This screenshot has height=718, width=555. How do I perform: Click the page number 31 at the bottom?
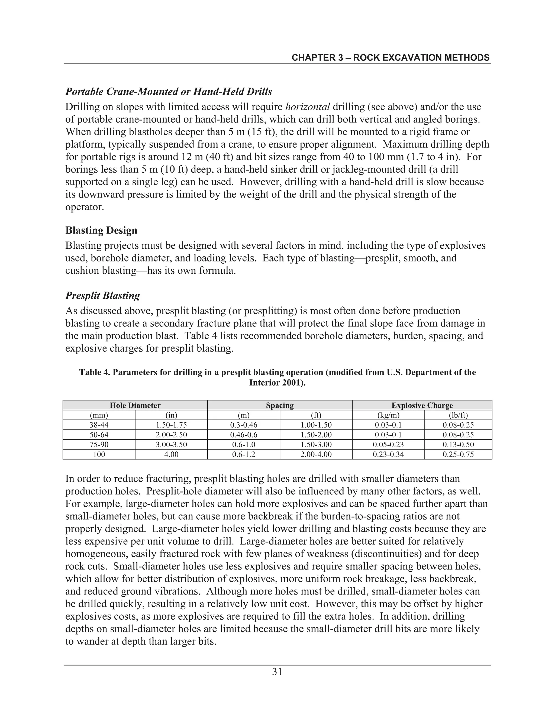277,672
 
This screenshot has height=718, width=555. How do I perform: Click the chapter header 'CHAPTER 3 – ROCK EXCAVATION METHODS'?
391,58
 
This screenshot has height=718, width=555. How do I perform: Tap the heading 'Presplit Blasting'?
103,296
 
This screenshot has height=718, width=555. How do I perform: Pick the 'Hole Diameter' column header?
135,405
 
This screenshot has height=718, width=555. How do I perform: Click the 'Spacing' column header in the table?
280,405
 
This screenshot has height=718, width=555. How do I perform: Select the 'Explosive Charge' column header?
422,405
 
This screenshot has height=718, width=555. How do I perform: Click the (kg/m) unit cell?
388,415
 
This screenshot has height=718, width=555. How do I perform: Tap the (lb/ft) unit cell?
458,415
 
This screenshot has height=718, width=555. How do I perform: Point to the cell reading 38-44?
99,425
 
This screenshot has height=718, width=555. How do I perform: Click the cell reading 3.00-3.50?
171,445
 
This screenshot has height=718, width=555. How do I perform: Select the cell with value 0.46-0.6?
244,435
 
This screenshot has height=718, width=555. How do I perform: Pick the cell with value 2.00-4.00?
316,455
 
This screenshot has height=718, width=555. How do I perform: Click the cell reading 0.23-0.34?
388,455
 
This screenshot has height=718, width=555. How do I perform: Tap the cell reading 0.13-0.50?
458,445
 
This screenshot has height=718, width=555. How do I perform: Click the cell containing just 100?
99,455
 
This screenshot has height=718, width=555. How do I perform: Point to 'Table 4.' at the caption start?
93,373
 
